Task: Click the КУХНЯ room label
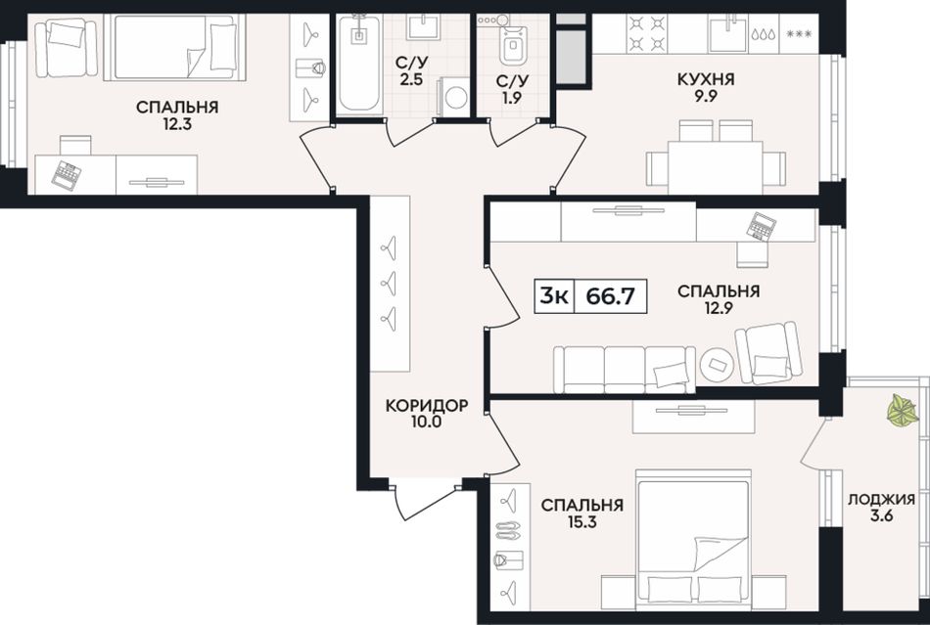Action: (706, 79)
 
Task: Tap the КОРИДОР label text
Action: (427, 406)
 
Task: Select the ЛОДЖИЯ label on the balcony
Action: (881, 499)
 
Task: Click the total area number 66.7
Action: (610, 295)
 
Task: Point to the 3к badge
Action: (554, 295)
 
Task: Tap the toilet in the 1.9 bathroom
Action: (511, 41)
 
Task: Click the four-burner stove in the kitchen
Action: (647, 33)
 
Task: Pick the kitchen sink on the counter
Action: (727, 33)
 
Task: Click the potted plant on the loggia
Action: (903, 410)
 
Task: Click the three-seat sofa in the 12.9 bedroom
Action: (625, 370)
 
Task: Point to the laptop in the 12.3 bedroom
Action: (66, 175)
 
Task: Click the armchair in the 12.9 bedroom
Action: (768, 353)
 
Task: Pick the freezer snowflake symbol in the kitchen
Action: (798, 34)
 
